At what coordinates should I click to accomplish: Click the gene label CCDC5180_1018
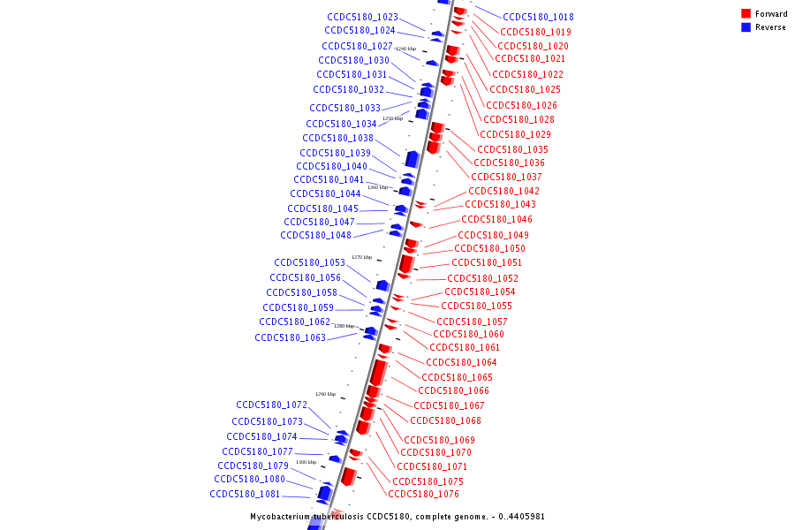click(538, 17)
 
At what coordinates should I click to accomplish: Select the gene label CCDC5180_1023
click(362, 17)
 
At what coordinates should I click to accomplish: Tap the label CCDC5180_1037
click(506, 177)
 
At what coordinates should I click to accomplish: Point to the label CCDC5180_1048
click(315, 235)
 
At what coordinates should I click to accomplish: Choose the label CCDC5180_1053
click(309, 262)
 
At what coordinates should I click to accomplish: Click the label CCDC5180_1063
click(290, 337)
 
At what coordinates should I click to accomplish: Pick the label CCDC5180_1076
click(423, 494)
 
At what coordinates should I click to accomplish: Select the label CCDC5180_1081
click(245, 494)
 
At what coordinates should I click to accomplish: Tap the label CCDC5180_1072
click(271, 405)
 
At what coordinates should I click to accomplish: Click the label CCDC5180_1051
click(487, 262)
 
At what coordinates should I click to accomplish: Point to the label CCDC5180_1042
click(503, 191)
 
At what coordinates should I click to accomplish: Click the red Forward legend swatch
click(746, 14)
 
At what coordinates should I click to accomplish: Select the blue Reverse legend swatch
click(746, 27)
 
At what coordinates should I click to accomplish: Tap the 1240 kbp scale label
click(405, 49)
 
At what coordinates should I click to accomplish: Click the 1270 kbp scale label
click(361, 257)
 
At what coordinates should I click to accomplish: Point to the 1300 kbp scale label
click(306, 462)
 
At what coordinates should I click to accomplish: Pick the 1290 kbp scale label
click(325, 394)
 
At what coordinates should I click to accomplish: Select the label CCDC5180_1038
click(337, 138)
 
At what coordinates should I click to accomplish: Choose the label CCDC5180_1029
click(515, 134)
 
